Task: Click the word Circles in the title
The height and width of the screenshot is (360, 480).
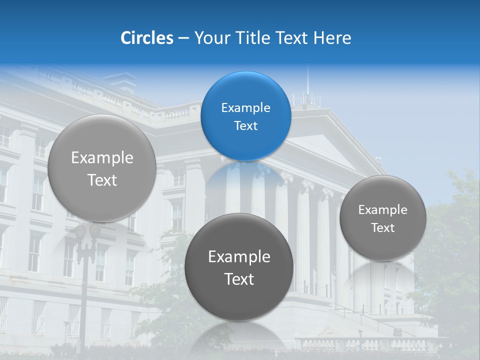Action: point(147,38)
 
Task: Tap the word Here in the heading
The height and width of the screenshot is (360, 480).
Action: point(332,38)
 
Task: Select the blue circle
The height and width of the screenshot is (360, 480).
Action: point(245,116)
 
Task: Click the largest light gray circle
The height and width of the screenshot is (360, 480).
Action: point(102,168)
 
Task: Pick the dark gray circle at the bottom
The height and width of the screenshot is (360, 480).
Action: point(239,267)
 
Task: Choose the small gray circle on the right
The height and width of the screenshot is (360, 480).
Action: point(383,218)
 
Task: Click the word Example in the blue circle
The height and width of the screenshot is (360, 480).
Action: point(245,107)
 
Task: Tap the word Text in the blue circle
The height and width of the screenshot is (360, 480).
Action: point(245,125)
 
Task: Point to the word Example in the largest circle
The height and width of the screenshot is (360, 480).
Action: point(102,158)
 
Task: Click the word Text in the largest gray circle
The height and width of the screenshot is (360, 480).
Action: point(102,180)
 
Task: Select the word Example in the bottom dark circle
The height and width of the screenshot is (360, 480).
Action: point(239,257)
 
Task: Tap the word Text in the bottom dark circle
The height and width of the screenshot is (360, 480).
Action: point(239,279)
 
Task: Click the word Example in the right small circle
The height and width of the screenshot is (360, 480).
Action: point(383,209)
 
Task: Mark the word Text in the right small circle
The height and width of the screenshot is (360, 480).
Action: point(383,227)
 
